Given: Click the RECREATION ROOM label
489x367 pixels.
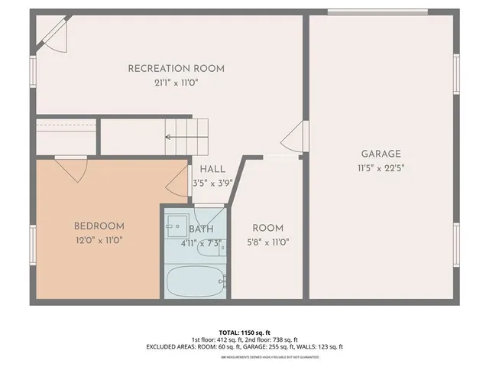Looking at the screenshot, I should pyautogui.click(x=176, y=68).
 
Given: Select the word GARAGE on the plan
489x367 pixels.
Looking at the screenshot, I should pyautogui.click(x=381, y=154).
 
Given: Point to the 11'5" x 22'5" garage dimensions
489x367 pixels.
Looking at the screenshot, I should pyautogui.click(x=381, y=168).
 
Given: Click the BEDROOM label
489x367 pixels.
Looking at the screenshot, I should pyautogui.click(x=99, y=226).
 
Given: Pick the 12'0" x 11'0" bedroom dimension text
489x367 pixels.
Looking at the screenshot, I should pyautogui.click(x=99, y=240).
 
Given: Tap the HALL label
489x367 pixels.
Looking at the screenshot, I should pyautogui.click(x=211, y=170).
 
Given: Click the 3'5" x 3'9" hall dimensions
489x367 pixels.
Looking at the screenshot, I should pyautogui.click(x=211, y=183).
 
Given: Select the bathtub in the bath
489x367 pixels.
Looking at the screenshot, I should pyautogui.click(x=196, y=281).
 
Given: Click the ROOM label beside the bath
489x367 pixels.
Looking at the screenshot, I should pyautogui.click(x=267, y=228).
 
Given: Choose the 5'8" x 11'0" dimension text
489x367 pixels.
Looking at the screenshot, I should pyautogui.click(x=267, y=242).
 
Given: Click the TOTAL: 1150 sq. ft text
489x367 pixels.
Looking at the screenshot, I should pyautogui.click(x=244, y=332).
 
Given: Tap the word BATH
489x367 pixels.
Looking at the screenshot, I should pyautogui.click(x=201, y=229).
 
